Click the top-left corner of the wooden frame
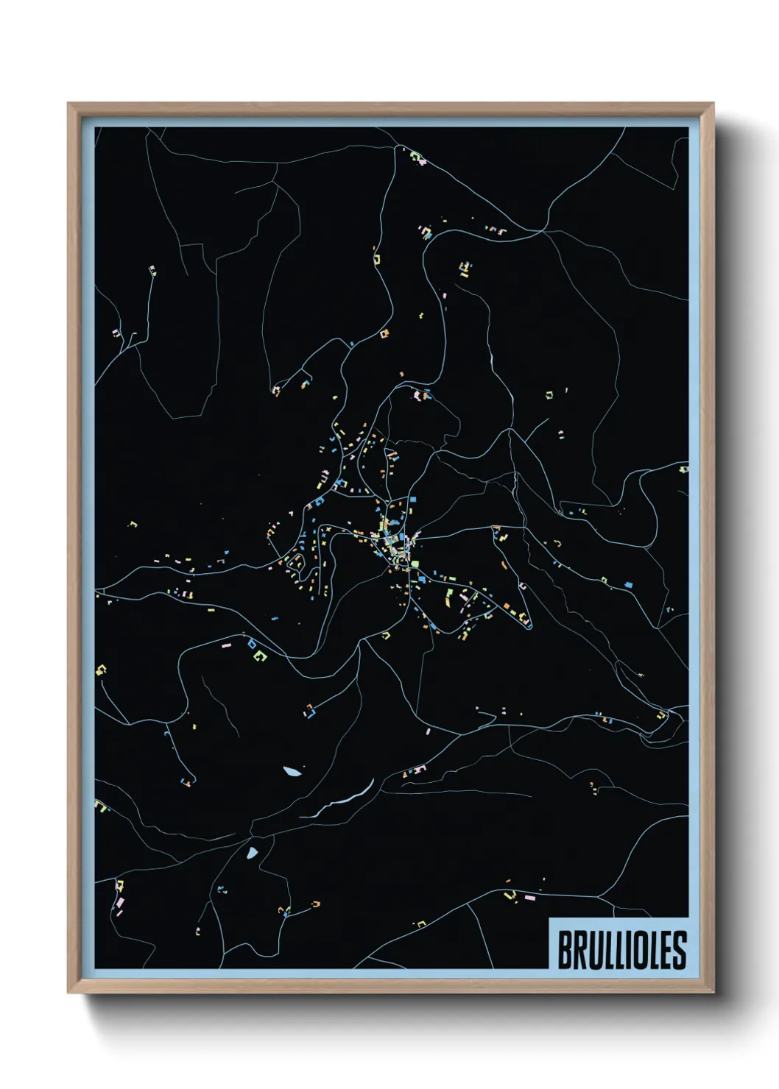69,104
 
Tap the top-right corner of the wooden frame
713,104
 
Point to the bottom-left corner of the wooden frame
69,991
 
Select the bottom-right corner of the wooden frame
713,991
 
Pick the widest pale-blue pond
292,771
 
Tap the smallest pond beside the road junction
253,853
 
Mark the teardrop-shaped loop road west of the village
296,564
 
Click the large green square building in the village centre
414,564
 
